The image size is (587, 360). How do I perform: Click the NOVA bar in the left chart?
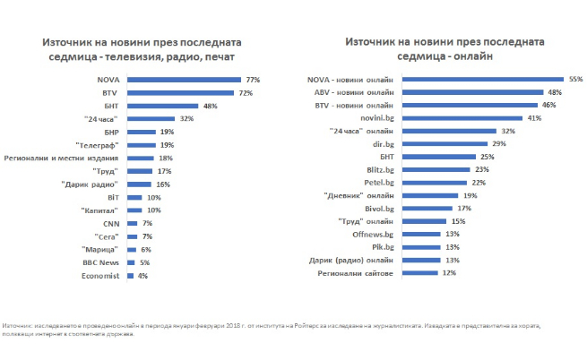185,80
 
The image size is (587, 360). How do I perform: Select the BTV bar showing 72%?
180,93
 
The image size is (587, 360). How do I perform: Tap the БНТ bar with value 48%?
163,106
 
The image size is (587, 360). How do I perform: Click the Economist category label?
102,276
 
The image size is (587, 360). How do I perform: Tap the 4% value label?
143,276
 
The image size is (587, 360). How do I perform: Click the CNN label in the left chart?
111,223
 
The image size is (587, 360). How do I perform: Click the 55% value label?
575,79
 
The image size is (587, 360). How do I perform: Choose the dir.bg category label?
384,143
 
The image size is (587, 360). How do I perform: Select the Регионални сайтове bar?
419,272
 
